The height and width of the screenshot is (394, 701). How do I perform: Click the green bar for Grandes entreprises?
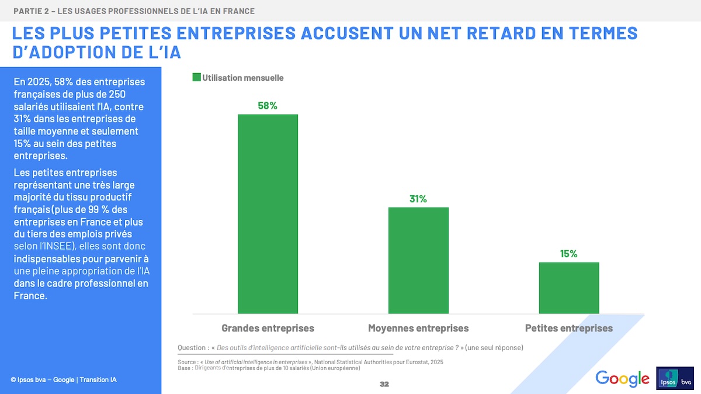pos(268,214)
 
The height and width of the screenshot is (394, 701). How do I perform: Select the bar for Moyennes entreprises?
pos(418,260)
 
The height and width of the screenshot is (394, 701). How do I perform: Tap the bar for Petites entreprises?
pos(569,288)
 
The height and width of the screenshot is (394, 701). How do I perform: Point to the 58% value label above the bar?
pos(268,106)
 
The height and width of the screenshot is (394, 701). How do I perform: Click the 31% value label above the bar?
pos(418,199)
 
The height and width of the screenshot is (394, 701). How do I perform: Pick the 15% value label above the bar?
pos(569,254)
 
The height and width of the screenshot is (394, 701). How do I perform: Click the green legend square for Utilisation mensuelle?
pos(197,78)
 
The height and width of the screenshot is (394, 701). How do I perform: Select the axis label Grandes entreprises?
pos(268,328)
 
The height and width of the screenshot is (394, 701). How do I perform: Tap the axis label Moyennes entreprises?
pos(418,328)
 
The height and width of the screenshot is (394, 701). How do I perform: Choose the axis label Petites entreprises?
pos(569,328)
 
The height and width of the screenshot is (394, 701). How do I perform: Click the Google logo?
pos(622,378)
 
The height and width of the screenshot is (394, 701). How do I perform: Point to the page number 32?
pos(384,384)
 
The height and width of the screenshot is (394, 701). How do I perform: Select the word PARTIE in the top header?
pos(27,11)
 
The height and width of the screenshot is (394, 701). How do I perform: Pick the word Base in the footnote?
pos(184,368)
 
